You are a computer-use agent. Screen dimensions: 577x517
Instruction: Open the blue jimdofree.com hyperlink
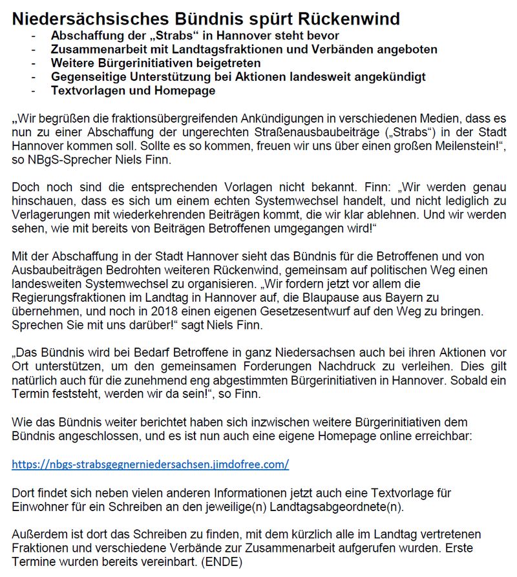coord(151,464)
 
